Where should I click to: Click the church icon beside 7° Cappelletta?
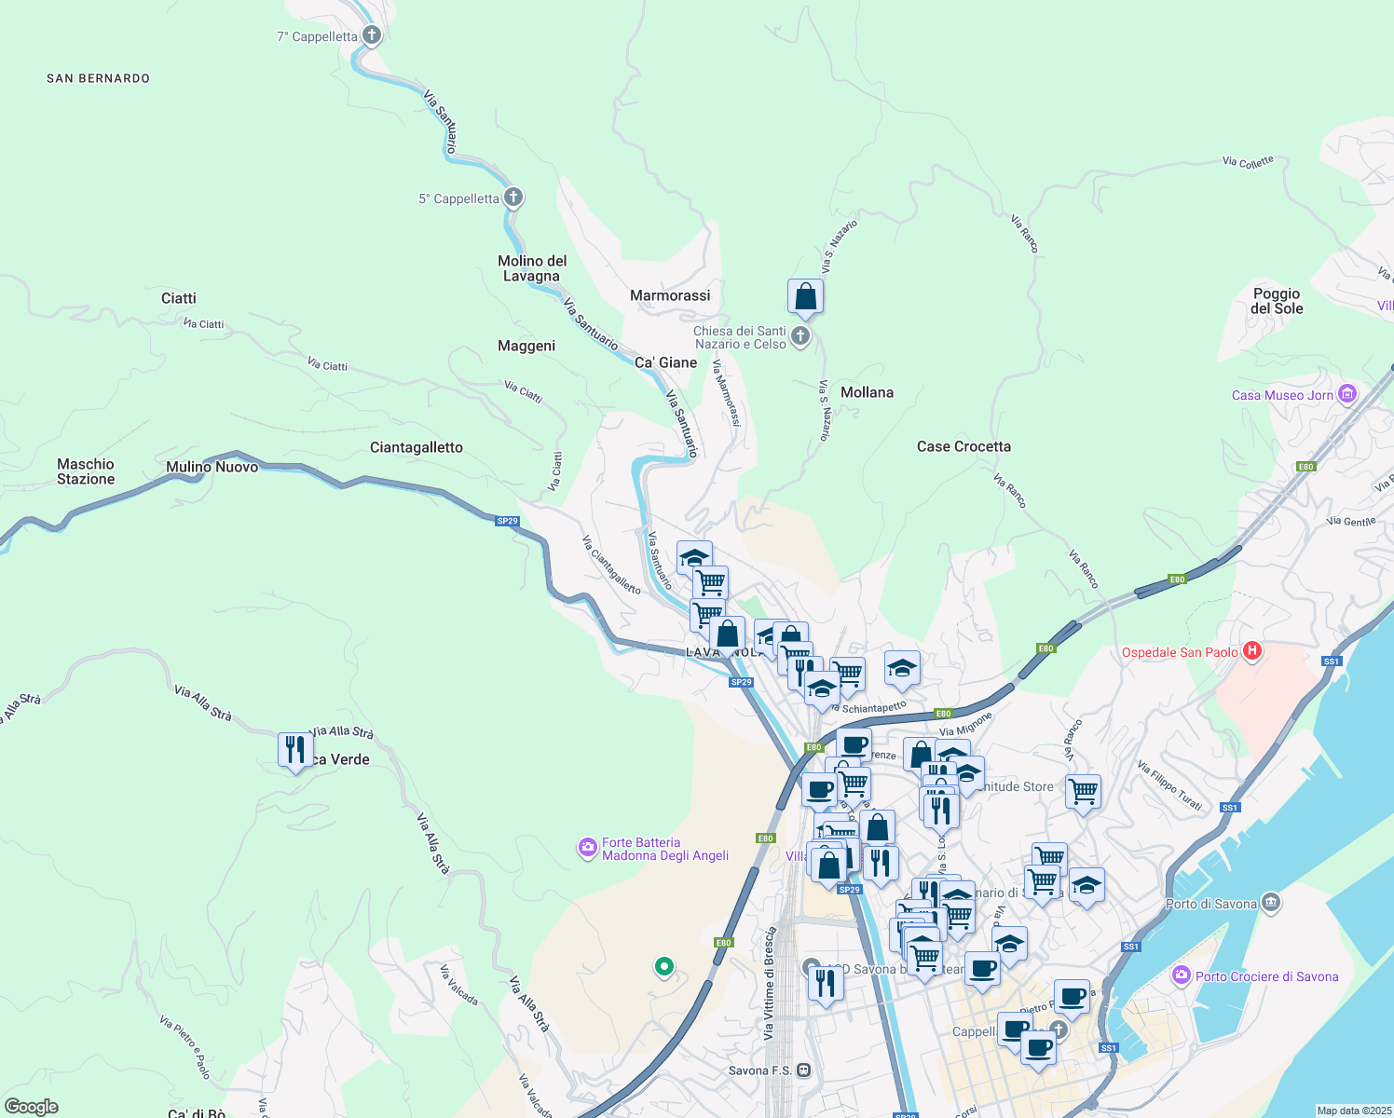tap(371, 36)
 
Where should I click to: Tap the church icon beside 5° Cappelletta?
tap(512, 198)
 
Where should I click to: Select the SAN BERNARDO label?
tap(98, 78)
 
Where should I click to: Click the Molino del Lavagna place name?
tap(531, 268)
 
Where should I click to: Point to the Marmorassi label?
tap(670, 295)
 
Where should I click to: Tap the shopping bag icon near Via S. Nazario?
tap(805, 297)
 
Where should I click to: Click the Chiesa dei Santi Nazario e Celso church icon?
tap(799, 335)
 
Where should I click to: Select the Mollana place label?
tap(867, 392)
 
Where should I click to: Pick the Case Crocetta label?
tap(963, 446)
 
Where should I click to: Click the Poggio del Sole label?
tap(1277, 301)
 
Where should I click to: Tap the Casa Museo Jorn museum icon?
tap(1346, 394)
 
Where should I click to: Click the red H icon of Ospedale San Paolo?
tap(1252, 651)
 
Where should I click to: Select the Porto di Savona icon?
tap(1271, 903)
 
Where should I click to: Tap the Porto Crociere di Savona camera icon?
tap(1182, 975)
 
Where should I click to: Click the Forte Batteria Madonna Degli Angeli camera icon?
tap(588, 848)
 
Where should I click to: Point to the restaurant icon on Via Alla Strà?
tap(295, 750)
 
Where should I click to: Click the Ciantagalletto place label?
tap(416, 447)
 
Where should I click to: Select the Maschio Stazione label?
tap(86, 471)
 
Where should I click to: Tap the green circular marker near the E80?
tap(663, 967)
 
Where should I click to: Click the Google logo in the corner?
tap(31, 1106)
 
